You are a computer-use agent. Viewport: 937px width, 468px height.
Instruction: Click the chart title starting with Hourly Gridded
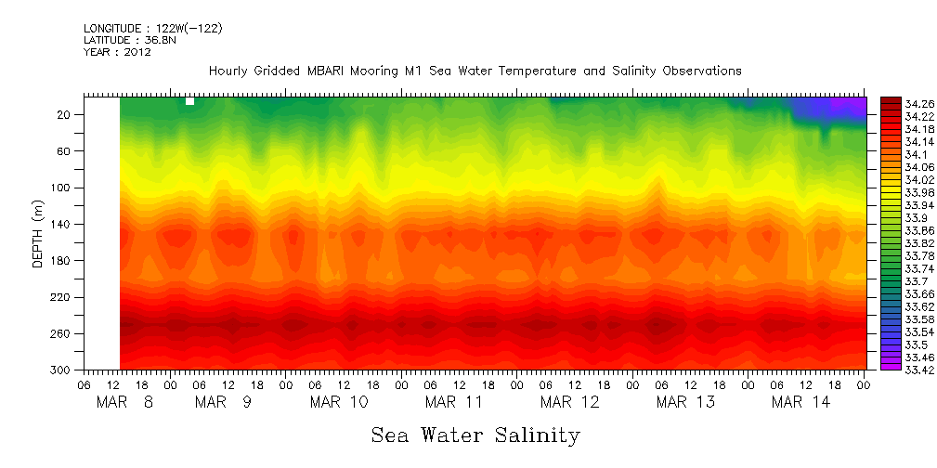pyautogui.click(x=475, y=71)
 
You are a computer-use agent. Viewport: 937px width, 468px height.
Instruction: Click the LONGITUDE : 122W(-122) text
pyautogui.click(x=152, y=29)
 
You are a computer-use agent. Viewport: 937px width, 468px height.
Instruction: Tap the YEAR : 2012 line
pyautogui.click(x=117, y=53)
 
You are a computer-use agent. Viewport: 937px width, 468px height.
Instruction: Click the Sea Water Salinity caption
pyautogui.click(x=475, y=435)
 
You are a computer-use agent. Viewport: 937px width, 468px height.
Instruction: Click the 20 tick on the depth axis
pyautogui.click(x=64, y=114)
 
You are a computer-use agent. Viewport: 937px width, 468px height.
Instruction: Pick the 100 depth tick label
pyautogui.click(x=61, y=188)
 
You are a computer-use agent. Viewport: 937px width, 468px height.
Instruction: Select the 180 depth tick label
pyautogui.click(x=61, y=261)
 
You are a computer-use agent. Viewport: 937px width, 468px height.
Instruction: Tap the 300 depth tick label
pyautogui.click(x=61, y=370)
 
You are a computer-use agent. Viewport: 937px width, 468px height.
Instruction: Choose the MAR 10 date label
pyautogui.click(x=339, y=402)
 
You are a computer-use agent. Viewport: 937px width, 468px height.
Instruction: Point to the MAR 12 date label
pyautogui.click(x=569, y=402)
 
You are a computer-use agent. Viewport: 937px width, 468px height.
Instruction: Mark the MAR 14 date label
pyautogui.click(x=800, y=402)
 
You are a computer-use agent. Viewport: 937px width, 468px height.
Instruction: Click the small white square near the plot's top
pyautogui.click(x=189, y=100)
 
